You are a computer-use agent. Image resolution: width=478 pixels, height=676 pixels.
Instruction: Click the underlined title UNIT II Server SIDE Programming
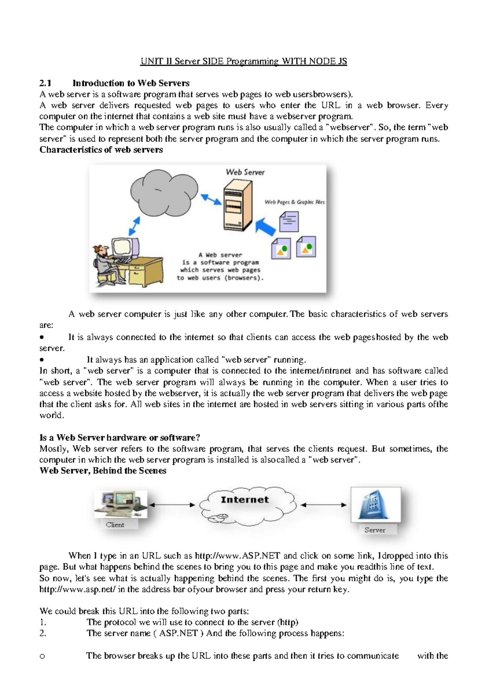243,61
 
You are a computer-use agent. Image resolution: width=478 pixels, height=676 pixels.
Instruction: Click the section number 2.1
45,83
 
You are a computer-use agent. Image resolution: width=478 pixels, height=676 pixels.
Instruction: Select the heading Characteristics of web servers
101,150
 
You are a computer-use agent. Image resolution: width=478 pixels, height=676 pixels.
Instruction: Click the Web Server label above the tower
245,172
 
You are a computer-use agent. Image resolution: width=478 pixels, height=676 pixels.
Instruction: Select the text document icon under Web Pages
289,221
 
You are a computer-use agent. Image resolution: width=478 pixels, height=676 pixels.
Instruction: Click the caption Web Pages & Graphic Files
294,202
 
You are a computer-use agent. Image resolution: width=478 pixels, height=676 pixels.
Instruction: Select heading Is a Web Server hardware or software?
119,438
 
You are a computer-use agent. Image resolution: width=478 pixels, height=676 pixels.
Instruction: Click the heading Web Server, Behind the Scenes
103,471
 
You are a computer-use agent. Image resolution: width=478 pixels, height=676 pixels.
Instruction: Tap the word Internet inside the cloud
245,500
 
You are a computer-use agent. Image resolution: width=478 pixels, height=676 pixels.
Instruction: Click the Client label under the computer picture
115,525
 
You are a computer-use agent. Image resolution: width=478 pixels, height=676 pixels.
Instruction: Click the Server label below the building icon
374,530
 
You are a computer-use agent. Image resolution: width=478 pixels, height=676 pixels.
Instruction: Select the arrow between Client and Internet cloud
172,505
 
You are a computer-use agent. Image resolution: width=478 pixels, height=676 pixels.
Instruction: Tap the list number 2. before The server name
43,633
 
